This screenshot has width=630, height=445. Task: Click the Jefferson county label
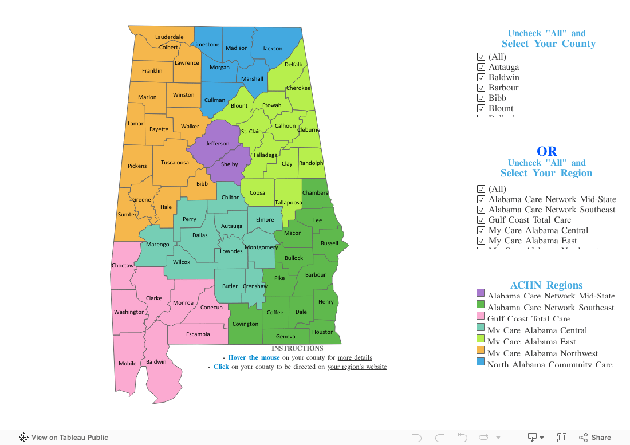(x=218, y=144)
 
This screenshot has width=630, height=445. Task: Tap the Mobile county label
(x=128, y=364)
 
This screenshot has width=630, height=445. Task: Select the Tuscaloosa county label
(x=175, y=163)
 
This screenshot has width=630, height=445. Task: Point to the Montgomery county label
(x=261, y=247)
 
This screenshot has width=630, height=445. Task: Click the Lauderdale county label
(x=170, y=37)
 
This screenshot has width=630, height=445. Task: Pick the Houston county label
(x=323, y=332)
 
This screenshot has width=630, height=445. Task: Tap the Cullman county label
(x=215, y=100)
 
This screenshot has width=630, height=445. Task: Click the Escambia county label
(x=198, y=334)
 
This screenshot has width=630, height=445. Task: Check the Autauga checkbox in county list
(x=481, y=67)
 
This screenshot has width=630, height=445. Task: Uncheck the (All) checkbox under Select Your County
(x=481, y=57)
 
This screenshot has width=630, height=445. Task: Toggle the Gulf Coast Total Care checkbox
(x=481, y=220)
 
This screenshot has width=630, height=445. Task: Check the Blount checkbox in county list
(x=481, y=108)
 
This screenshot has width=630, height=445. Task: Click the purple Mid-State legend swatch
(x=481, y=293)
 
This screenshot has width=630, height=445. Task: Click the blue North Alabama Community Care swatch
(x=481, y=361)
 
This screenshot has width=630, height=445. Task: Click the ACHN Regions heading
(x=546, y=285)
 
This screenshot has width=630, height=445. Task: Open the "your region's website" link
(x=357, y=367)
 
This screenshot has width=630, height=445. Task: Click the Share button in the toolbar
(x=595, y=438)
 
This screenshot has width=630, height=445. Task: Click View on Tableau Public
(x=64, y=438)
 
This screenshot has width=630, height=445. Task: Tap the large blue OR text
(x=546, y=151)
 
